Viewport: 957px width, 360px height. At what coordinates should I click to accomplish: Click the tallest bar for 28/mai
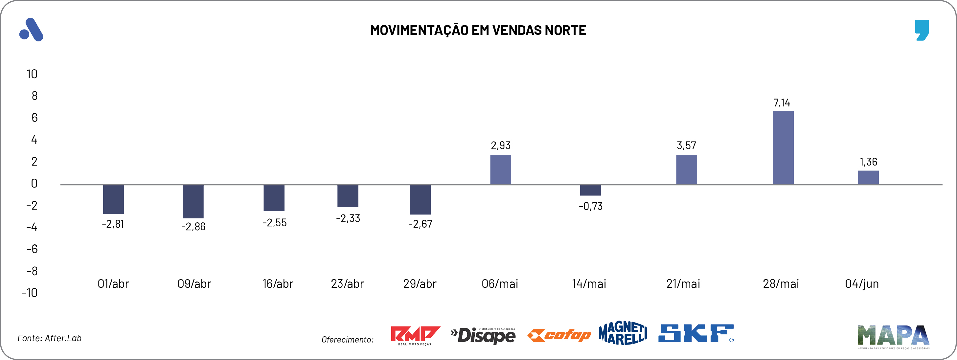[783, 147]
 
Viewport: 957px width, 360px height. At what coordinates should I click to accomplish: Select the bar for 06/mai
[500, 169]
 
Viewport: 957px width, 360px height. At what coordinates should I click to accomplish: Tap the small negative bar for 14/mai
[590, 190]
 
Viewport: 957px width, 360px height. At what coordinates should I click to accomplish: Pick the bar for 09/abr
[193, 201]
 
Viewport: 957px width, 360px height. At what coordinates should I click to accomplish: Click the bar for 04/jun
[868, 177]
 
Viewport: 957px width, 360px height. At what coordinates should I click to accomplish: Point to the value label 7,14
[782, 103]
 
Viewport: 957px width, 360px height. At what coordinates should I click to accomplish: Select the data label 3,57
[686, 145]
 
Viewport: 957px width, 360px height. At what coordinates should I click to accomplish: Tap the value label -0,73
[590, 206]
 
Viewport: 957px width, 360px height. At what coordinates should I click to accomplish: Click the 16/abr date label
[278, 284]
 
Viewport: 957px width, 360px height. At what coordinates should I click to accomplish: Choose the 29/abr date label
[420, 284]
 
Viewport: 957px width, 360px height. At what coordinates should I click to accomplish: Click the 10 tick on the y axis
[32, 74]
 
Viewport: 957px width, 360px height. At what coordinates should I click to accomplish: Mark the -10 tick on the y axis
[30, 293]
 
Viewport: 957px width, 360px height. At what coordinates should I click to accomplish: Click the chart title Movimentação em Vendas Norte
[478, 30]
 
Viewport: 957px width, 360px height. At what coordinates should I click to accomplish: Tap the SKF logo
[696, 333]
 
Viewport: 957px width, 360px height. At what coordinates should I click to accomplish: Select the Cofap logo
[559, 335]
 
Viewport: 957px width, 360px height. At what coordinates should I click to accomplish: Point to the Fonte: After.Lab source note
[49, 338]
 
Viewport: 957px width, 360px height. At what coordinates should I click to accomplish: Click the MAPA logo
[893, 336]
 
